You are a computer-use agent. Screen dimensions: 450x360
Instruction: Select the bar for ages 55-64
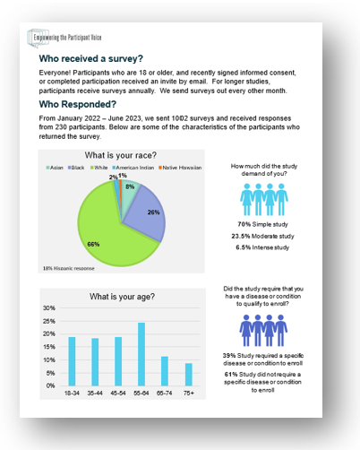141,354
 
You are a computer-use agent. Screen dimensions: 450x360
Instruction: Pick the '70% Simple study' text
263,223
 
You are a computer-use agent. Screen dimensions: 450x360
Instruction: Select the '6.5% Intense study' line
263,247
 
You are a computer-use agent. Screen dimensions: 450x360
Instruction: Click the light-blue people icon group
263,197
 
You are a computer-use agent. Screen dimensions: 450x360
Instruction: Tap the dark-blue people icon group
263,329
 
